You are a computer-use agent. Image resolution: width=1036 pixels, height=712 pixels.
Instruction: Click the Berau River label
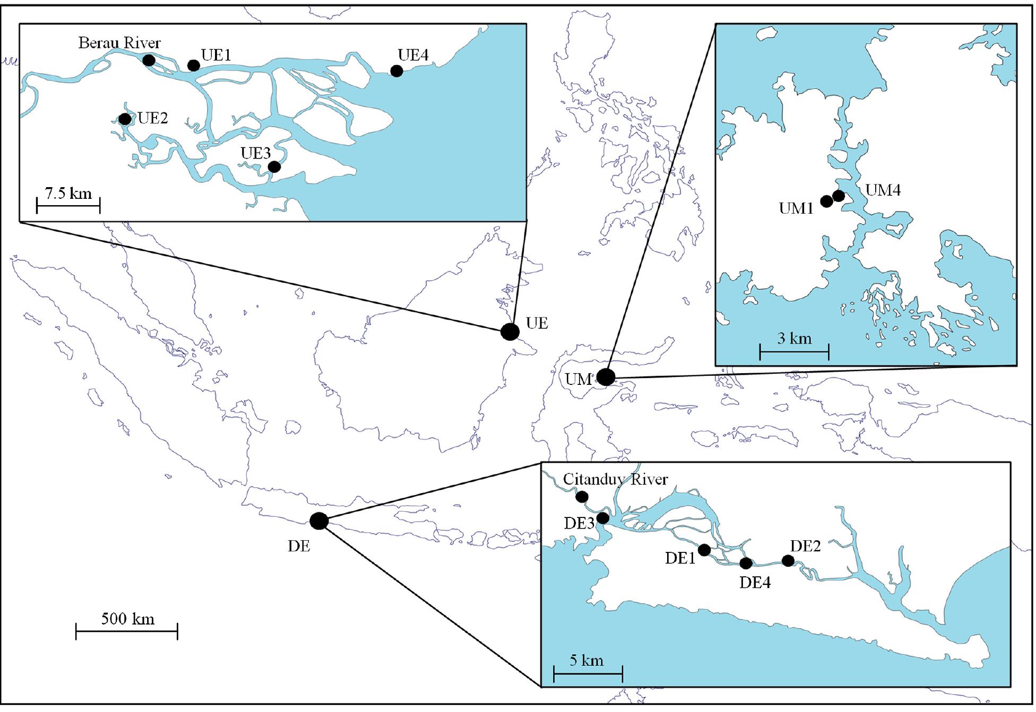tap(119, 43)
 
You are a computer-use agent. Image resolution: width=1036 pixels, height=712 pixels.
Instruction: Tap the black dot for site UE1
tap(194, 65)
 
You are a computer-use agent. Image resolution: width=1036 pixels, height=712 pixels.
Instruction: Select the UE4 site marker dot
tap(396, 71)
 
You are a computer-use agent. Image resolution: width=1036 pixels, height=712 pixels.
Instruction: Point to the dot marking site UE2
tap(125, 119)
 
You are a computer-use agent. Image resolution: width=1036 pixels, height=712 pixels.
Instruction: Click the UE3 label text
tap(256, 153)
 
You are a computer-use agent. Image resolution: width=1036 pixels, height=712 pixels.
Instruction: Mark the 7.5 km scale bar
tap(68, 204)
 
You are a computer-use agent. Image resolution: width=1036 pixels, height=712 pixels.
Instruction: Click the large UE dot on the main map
tap(510, 331)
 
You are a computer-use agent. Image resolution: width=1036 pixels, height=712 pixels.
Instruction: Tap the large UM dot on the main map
tap(606, 377)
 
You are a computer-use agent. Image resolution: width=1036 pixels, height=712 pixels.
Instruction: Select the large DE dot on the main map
tap(319, 521)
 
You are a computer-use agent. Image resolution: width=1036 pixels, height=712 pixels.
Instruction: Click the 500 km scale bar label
tap(128, 619)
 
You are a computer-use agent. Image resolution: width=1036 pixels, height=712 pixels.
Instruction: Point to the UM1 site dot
tap(826, 201)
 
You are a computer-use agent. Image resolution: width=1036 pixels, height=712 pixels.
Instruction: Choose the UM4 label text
tap(883, 190)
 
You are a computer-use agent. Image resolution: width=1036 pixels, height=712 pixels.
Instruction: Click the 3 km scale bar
tap(794, 351)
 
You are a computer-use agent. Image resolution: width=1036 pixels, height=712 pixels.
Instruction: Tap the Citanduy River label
tap(615, 479)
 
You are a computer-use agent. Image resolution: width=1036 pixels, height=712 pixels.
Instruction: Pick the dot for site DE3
tap(603, 517)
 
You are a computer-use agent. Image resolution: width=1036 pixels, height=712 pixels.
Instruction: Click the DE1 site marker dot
tap(704, 550)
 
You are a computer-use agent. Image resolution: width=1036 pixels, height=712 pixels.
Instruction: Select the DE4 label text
tap(755, 583)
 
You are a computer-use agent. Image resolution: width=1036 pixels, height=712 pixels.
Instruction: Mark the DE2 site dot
tap(788, 560)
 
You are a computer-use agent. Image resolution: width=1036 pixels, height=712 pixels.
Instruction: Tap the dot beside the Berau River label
tap(149, 60)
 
